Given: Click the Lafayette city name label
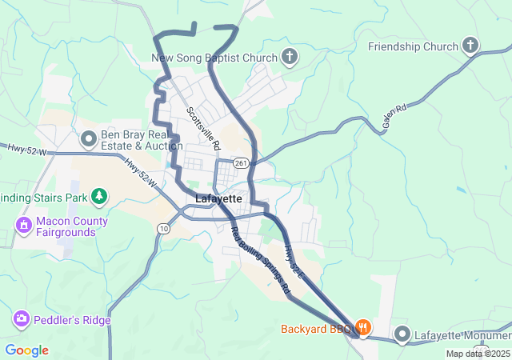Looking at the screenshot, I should click(x=218, y=198).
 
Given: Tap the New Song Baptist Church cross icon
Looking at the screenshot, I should click(x=289, y=57).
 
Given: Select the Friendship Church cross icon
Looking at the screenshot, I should click(x=470, y=46).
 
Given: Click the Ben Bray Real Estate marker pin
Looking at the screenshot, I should click(x=89, y=139).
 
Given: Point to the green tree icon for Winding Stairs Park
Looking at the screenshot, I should click(x=99, y=195).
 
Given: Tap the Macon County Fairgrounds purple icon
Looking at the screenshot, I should click(x=24, y=226).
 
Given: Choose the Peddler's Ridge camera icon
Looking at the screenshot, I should click(x=22, y=320).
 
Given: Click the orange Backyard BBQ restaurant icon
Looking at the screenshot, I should click(x=363, y=328).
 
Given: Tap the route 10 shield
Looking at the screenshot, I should click(x=163, y=229).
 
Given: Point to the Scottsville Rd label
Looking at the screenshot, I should click(x=203, y=128).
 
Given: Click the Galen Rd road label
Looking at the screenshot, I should click(x=394, y=118).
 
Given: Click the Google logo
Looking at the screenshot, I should click(x=26, y=350).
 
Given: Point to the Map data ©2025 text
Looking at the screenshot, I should click(x=478, y=354).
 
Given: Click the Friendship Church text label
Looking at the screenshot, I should click(x=413, y=46).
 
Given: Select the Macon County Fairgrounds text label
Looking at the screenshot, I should click(x=65, y=226).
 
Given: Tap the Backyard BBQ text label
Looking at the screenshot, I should click(x=316, y=329).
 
